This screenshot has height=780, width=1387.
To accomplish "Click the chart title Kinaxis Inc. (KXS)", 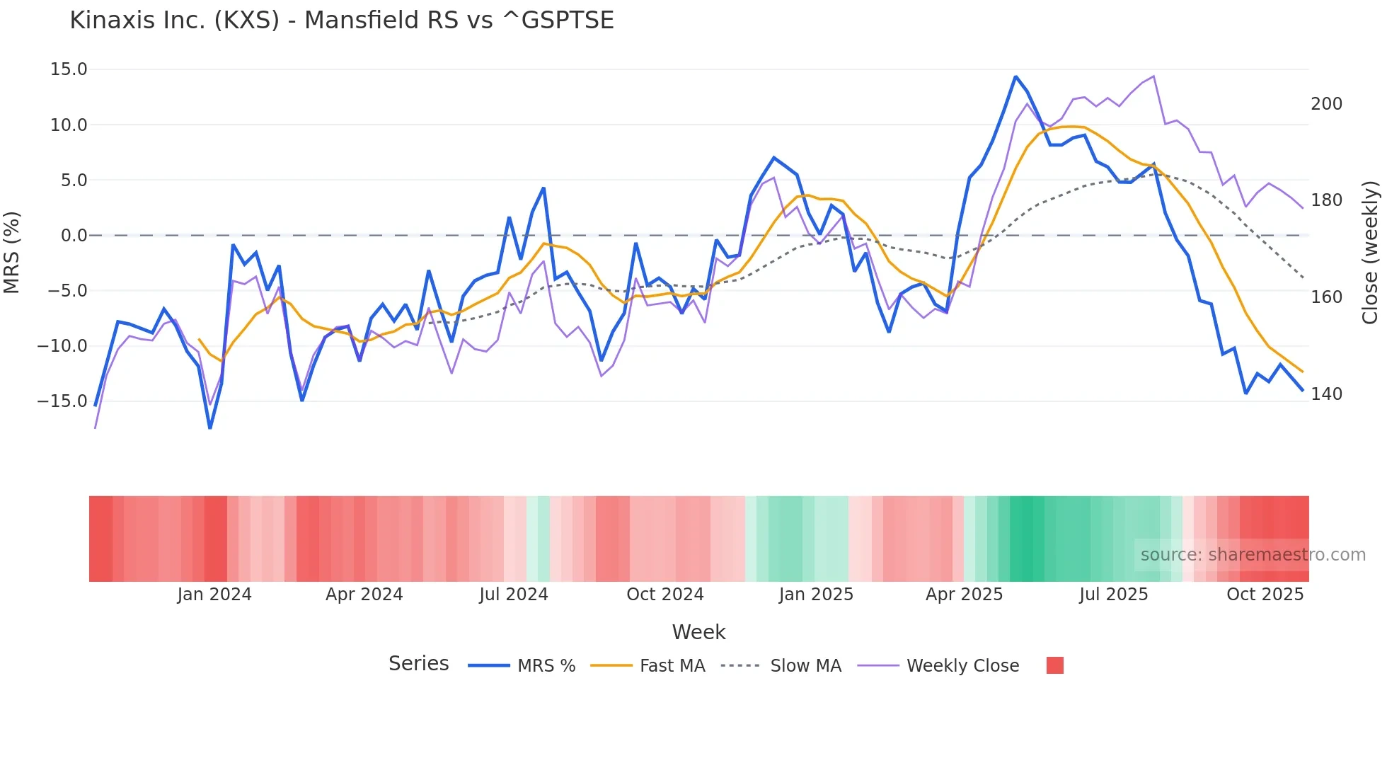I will point(341,21).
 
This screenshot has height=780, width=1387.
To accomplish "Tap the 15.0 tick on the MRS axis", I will point(69,69).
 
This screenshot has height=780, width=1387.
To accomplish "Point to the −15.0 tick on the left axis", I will point(62,401).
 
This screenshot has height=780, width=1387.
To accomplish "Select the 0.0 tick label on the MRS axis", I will point(74,236).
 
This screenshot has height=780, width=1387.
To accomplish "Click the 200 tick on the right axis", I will point(1326,104).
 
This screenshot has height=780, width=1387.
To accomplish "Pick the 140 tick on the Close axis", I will point(1326,394).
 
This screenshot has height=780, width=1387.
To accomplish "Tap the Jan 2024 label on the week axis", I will point(214,595).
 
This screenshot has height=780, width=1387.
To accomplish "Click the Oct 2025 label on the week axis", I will point(1265,595).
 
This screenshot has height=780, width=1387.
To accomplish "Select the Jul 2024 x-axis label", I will point(514,595).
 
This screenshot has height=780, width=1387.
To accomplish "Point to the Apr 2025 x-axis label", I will point(964,595).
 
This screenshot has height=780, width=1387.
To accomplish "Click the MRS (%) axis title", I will point(12,252).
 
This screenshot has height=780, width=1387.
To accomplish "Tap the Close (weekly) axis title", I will point(1371,253).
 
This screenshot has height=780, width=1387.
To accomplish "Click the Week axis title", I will point(698,632).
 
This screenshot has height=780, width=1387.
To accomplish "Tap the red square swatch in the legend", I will point(1054,665).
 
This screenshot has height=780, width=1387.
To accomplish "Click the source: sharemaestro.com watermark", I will point(1253,555).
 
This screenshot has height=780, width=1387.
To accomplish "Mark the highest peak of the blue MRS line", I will point(1015,76).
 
